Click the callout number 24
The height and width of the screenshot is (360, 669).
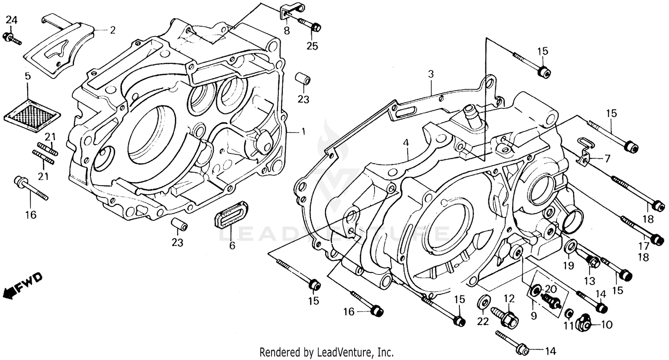point(12,20)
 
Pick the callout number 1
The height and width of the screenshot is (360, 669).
point(303,132)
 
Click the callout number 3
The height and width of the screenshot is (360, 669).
point(431,74)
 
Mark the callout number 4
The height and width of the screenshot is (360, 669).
point(405,143)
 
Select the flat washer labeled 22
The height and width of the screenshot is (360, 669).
point(483,302)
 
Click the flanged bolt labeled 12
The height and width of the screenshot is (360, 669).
point(504,315)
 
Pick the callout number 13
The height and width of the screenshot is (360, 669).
point(590,281)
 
